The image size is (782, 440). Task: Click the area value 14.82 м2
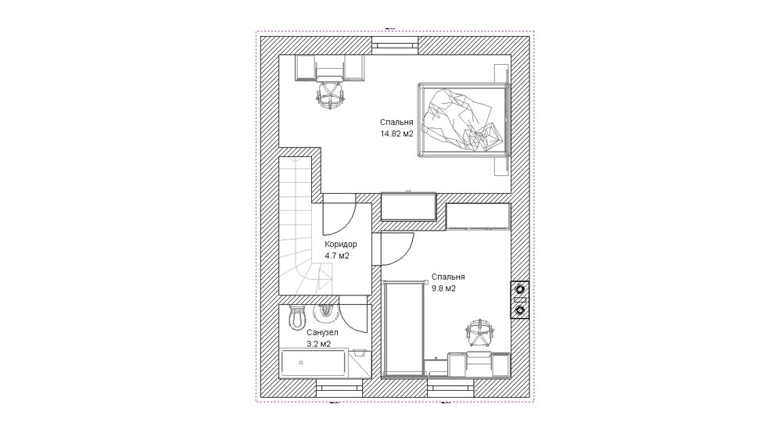(x=397, y=134)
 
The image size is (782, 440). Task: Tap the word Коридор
(x=341, y=244)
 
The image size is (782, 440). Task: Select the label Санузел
(x=322, y=332)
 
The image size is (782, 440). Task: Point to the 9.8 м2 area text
(x=444, y=288)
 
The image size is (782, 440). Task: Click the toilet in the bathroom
(x=297, y=317)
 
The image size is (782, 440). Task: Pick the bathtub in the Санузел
(x=314, y=363)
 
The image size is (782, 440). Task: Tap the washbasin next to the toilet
(x=326, y=313)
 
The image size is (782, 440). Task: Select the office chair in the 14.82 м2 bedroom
(x=330, y=95)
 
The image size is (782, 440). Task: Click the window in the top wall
(x=394, y=45)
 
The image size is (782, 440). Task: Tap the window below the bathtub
(x=339, y=387)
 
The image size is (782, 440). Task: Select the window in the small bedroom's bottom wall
(x=450, y=387)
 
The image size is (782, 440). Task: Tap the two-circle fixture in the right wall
(x=520, y=299)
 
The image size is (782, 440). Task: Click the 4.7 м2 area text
(x=336, y=256)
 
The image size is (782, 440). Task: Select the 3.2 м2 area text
(x=319, y=344)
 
